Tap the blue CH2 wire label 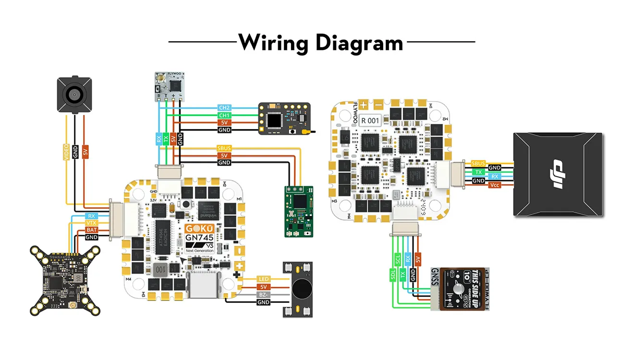pos(224,108)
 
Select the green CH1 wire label pos(224,115)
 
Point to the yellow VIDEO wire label pos(66,152)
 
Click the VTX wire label pos(91,223)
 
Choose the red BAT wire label pos(91,230)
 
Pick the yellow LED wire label pos(264,279)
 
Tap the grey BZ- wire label pos(264,294)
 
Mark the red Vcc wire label pos(494,185)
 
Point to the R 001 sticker pos(370,121)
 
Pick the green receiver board pos(298,211)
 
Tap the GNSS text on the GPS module pos(435,288)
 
